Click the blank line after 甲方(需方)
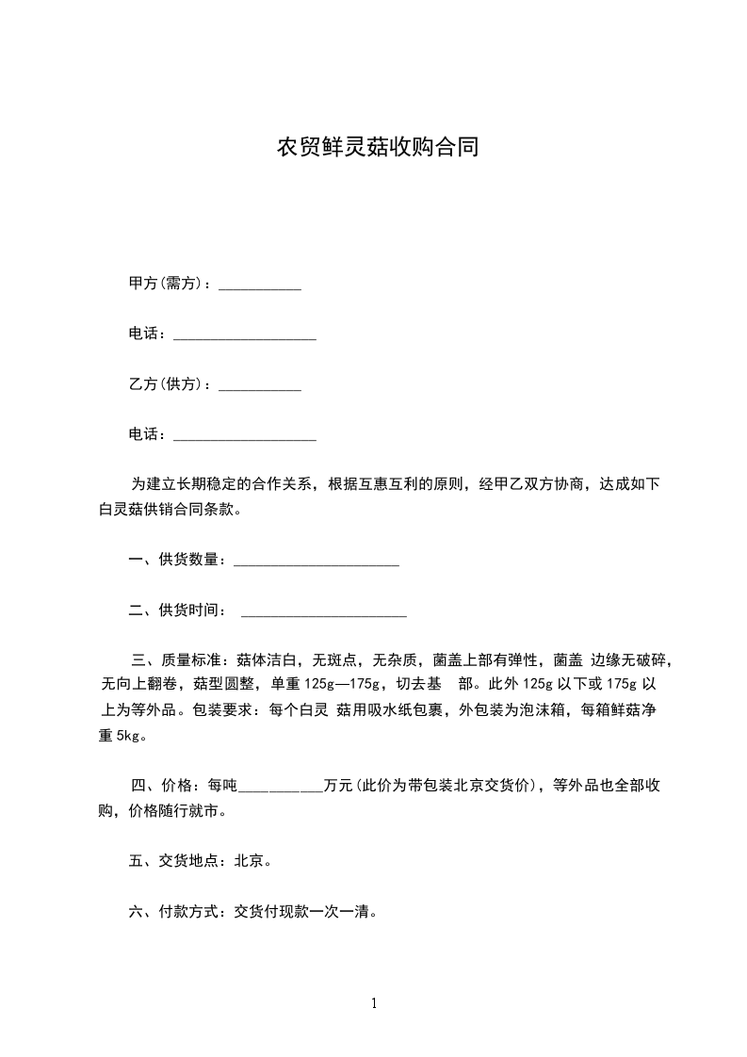point(260,285)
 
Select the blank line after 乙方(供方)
point(260,386)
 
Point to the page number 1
point(374,1004)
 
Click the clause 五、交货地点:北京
point(200,861)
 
